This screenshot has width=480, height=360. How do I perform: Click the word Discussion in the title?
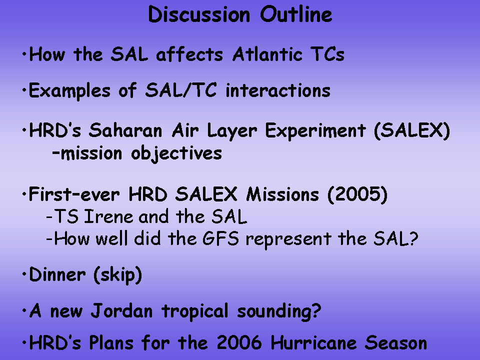(x=199, y=14)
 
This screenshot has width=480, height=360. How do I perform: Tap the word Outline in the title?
(x=296, y=14)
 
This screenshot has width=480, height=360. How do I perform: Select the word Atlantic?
(x=267, y=54)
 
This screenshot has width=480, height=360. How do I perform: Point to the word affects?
(x=189, y=54)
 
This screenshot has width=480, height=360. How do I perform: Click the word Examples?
(x=69, y=91)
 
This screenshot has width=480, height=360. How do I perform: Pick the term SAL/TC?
(x=181, y=90)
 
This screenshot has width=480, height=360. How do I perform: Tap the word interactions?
(x=278, y=90)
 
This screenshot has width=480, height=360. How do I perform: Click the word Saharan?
(x=125, y=130)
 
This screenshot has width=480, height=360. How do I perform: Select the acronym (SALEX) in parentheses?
(x=412, y=131)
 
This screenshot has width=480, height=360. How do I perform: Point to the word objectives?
(x=176, y=154)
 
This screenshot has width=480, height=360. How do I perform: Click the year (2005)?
(x=357, y=194)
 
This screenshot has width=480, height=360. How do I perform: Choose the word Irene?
(x=108, y=216)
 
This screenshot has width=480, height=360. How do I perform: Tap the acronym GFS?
(x=220, y=239)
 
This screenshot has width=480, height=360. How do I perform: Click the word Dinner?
(x=57, y=274)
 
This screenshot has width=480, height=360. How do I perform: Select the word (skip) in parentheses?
(x=118, y=275)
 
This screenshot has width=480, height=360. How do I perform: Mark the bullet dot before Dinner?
(x=24, y=274)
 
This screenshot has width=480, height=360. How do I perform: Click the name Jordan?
(x=121, y=311)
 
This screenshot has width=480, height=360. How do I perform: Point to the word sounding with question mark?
(x=279, y=311)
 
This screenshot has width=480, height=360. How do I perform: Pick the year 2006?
(x=239, y=342)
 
